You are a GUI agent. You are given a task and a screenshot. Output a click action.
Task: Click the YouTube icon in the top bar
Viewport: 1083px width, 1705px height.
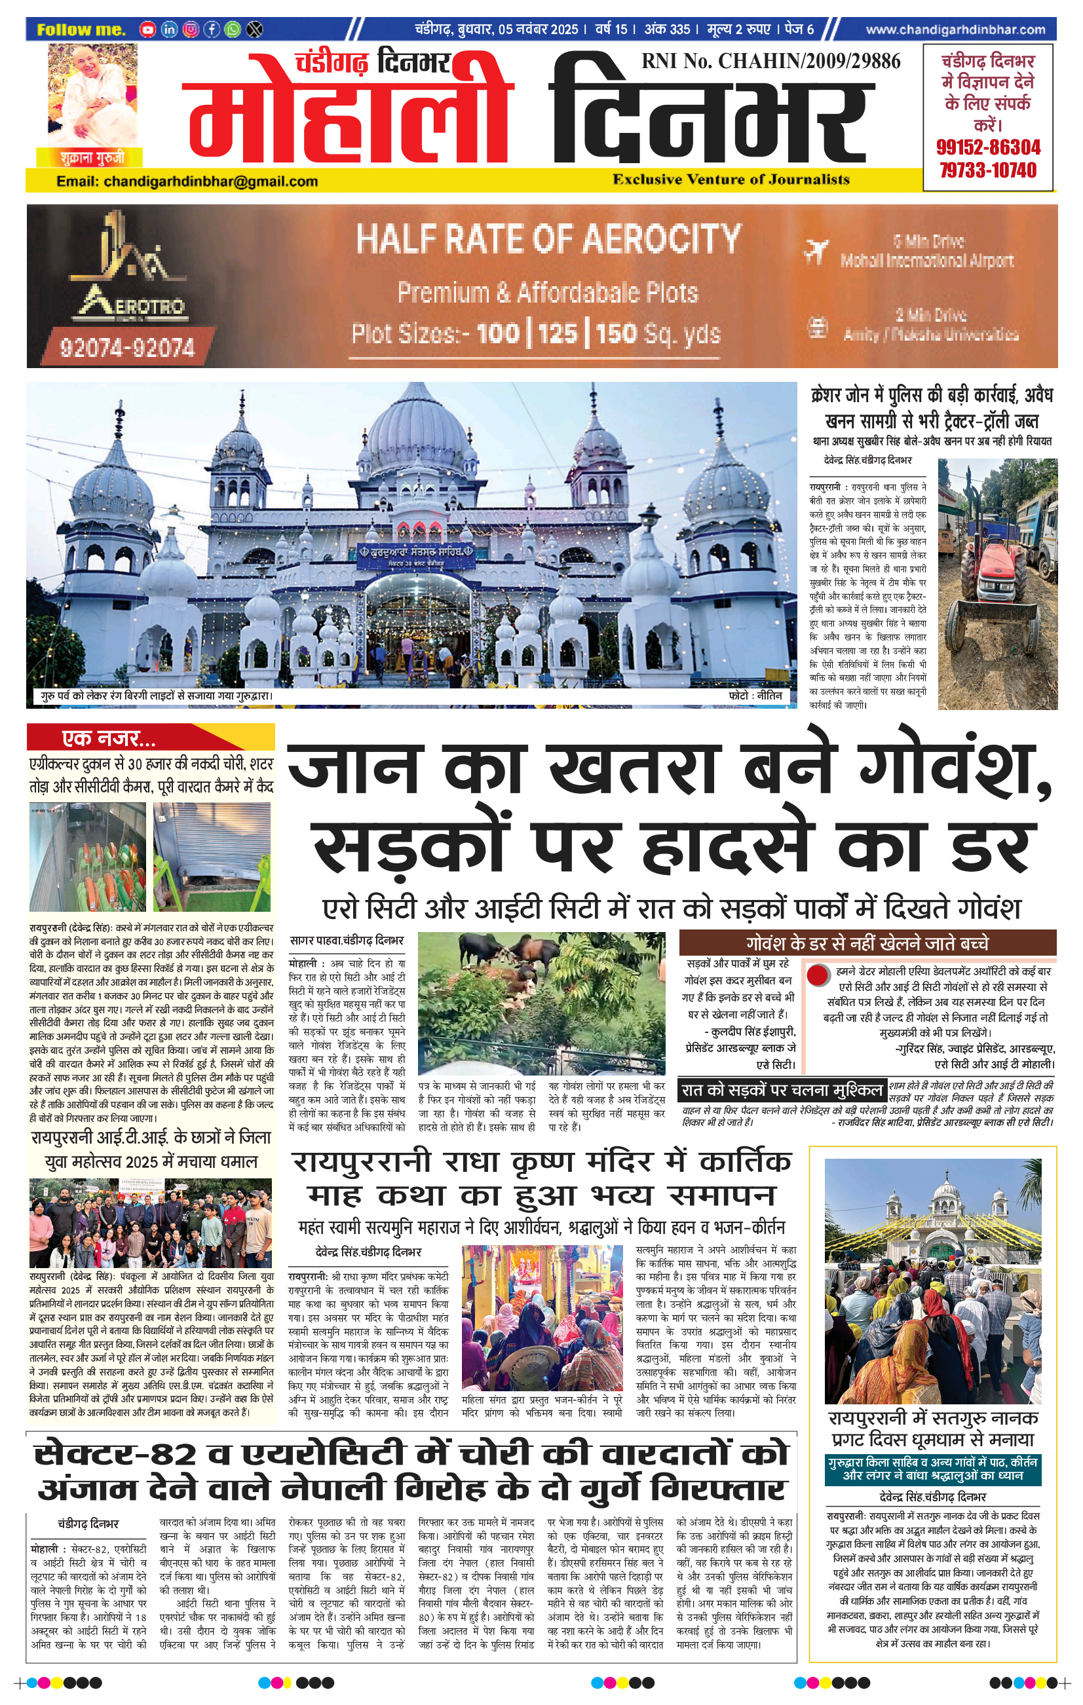pos(147,29)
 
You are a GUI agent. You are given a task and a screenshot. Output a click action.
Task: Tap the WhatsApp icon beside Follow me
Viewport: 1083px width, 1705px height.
pos(233,29)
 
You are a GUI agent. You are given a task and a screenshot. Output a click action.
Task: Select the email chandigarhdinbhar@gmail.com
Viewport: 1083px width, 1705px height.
pos(187,181)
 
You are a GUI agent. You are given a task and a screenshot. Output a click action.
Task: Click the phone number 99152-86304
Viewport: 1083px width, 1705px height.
pos(988,148)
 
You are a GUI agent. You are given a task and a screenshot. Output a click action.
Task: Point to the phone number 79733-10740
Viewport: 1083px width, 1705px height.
pos(988,170)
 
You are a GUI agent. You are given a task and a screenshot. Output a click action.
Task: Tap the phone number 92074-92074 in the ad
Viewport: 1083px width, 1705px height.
pos(128,347)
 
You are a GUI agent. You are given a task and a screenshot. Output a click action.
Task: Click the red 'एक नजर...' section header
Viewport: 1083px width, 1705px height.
pos(150,738)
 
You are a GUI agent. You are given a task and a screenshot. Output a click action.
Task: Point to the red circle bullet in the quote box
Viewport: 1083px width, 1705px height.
pos(818,975)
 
